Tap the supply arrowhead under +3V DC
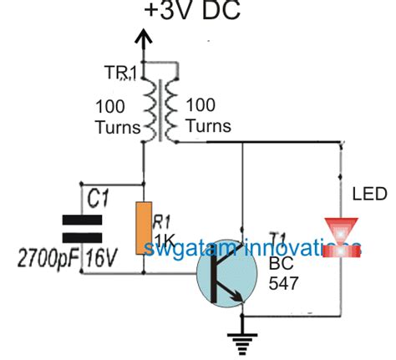[x=144, y=38]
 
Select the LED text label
[x=368, y=195]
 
